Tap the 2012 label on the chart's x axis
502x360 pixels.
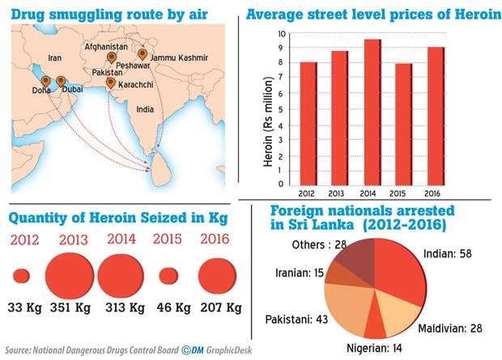308,193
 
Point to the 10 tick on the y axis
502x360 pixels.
282,34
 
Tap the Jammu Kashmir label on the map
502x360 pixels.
176,58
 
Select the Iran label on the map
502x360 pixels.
55,58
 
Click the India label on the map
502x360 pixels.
145,108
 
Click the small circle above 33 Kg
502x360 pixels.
22,275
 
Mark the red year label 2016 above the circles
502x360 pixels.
214,239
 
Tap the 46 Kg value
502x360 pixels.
168,308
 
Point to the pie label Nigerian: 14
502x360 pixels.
374,347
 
